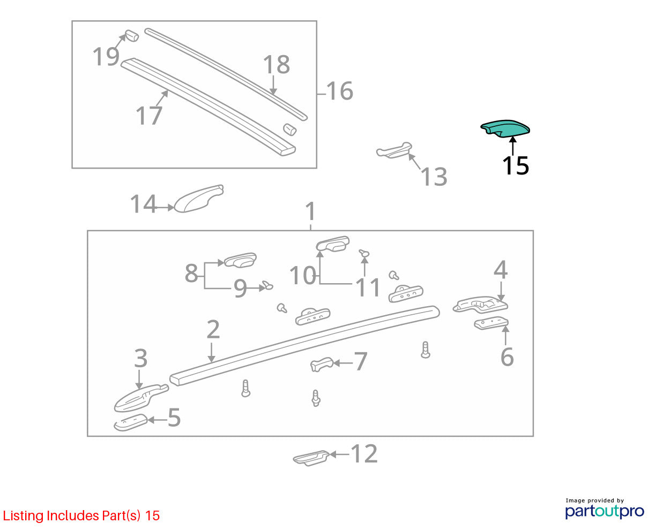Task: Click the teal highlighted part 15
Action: point(504,128)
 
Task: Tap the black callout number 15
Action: point(516,165)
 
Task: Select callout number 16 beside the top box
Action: point(339,91)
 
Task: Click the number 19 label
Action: point(106,57)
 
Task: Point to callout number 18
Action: point(277,65)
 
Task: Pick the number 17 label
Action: point(149,116)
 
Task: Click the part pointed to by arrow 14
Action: point(199,199)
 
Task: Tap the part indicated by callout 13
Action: point(394,150)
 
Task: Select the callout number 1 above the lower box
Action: point(310,211)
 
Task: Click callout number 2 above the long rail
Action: point(213,329)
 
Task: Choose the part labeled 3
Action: point(141,398)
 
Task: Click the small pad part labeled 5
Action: point(131,422)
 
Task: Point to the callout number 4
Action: point(501,269)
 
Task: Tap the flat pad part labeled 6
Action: point(491,323)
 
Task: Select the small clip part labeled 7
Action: point(322,364)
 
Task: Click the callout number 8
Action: point(191,273)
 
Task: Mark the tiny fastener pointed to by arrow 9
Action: point(267,285)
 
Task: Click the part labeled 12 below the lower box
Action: point(311,458)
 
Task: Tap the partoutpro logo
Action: point(605,511)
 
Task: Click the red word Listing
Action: point(24,516)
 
